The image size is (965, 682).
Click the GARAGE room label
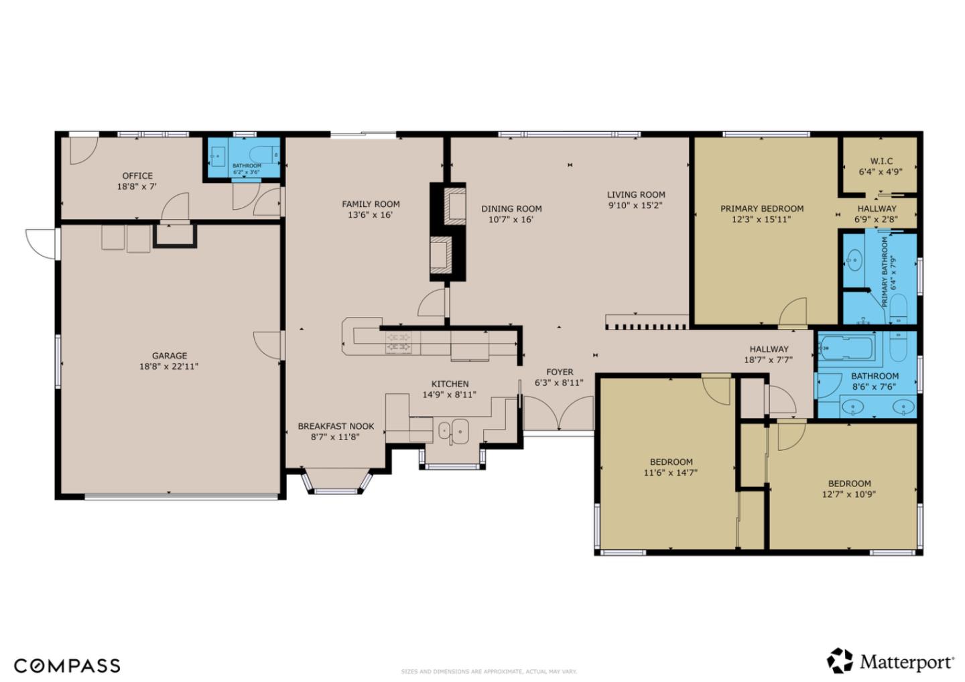(170, 356)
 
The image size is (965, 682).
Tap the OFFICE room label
(137, 176)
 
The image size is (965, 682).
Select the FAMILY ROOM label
(371, 204)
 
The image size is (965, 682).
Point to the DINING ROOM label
(511, 208)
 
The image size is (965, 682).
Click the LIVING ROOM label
(636, 195)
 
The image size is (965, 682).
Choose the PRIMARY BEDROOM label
(762, 208)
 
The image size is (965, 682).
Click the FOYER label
(560, 372)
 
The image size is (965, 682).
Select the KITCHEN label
(450, 384)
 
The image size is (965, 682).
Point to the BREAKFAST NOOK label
(336, 426)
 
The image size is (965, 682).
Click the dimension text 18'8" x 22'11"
(170, 366)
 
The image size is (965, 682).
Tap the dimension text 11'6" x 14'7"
(671, 472)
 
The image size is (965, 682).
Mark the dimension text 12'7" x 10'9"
(849, 494)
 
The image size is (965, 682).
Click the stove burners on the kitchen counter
(400, 342)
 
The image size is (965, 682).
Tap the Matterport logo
(891, 662)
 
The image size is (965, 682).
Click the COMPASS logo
(67, 665)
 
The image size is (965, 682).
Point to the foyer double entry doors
(558, 414)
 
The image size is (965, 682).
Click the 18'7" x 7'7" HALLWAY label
(769, 349)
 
